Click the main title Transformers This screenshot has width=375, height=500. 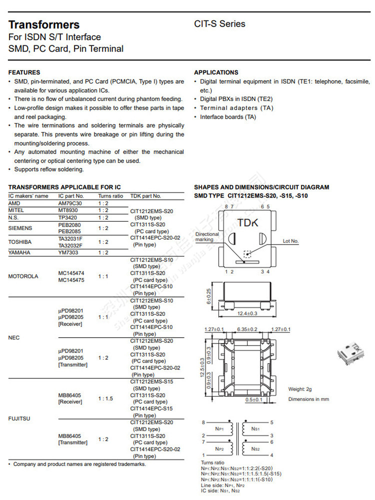click(44, 24)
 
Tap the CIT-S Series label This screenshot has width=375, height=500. click(219, 24)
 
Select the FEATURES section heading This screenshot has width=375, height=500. click(24, 72)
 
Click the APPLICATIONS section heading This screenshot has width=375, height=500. click(216, 72)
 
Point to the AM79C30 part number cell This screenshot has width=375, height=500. click(70, 203)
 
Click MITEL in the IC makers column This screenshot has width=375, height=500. click(16, 210)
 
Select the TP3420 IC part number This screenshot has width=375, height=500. click(67, 217)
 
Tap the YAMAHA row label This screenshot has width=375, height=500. click(19, 252)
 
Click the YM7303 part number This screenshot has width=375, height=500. click(68, 252)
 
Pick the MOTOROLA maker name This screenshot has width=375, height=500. click(23, 276)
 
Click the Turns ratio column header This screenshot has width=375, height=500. click(110, 196)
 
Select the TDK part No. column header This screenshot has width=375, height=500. click(145, 196)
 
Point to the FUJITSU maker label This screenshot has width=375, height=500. click(19, 418)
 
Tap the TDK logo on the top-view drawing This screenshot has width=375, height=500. click(248, 222)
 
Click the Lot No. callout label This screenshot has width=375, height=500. click(290, 241)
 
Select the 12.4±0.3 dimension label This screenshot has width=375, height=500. click(247, 313)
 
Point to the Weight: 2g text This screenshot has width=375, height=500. click(300, 389)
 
